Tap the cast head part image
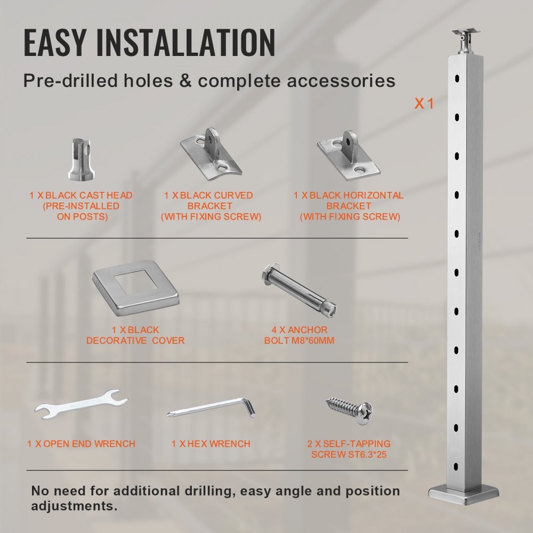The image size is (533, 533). [81, 159]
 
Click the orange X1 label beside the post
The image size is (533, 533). [424, 104]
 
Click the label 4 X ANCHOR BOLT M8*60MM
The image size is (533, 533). [299, 335]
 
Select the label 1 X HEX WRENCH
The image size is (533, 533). [211, 444]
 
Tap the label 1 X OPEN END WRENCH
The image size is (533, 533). [81, 444]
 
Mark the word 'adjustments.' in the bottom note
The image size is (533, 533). [75, 505]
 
